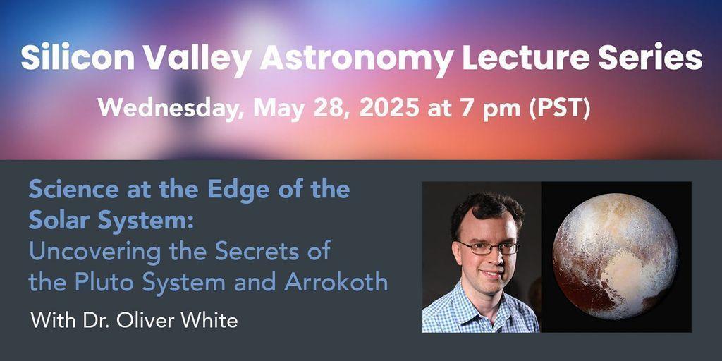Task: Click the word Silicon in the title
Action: pyautogui.click(x=78, y=59)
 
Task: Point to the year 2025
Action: pyautogui.click(x=388, y=108)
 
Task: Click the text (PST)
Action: pyautogui.click(x=559, y=109)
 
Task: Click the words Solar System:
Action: pyautogui.click(x=111, y=221)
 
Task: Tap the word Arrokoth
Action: pyautogui.click(x=336, y=282)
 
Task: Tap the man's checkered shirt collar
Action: pyautogui.click(x=479, y=295)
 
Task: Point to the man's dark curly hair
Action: pyautogui.click(x=487, y=210)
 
